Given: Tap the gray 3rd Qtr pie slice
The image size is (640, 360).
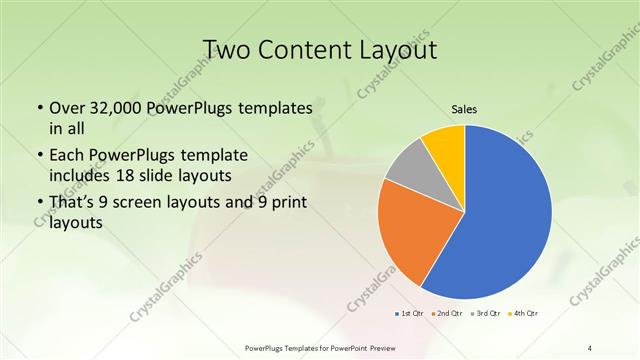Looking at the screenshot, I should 407,167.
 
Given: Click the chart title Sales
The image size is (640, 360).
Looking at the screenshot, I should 464,108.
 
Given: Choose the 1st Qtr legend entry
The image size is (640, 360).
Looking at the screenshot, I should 409,313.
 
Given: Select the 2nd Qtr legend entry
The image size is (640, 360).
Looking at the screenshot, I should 447,313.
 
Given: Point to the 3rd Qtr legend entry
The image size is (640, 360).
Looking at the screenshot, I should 487,313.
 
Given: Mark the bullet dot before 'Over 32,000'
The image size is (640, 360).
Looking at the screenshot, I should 39,108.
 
